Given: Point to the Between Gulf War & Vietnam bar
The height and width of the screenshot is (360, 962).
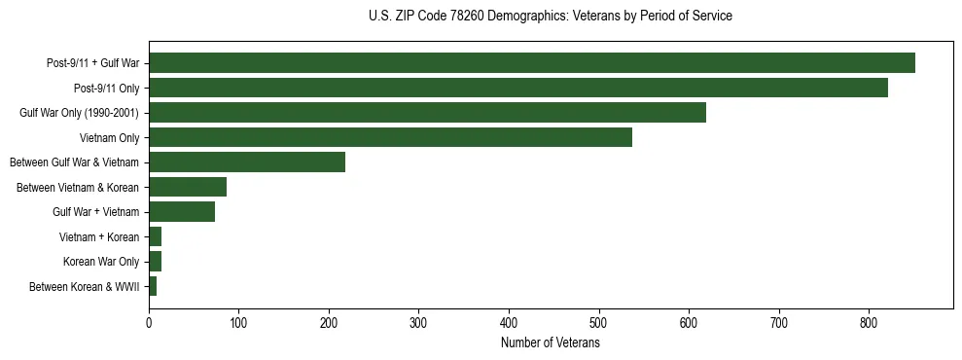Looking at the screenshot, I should [x=247, y=162].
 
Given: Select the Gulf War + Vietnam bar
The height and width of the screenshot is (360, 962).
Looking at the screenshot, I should [x=182, y=211].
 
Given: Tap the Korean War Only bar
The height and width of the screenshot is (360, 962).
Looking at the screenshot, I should [x=155, y=261].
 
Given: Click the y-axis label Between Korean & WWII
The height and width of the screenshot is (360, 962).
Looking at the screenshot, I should [x=85, y=286].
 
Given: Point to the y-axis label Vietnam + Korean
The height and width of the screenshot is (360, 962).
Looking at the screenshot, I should [x=99, y=236].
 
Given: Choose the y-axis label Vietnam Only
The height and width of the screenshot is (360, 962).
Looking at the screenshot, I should [x=110, y=137].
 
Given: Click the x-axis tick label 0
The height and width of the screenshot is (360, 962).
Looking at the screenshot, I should [x=149, y=321].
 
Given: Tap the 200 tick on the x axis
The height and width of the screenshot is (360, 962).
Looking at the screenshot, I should [x=329, y=321].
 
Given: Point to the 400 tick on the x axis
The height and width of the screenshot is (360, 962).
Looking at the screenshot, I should [x=509, y=321].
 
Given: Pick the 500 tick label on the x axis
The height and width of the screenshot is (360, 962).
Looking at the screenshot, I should [x=599, y=321].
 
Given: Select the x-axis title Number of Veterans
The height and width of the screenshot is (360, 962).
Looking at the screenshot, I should [x=551, y=342].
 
